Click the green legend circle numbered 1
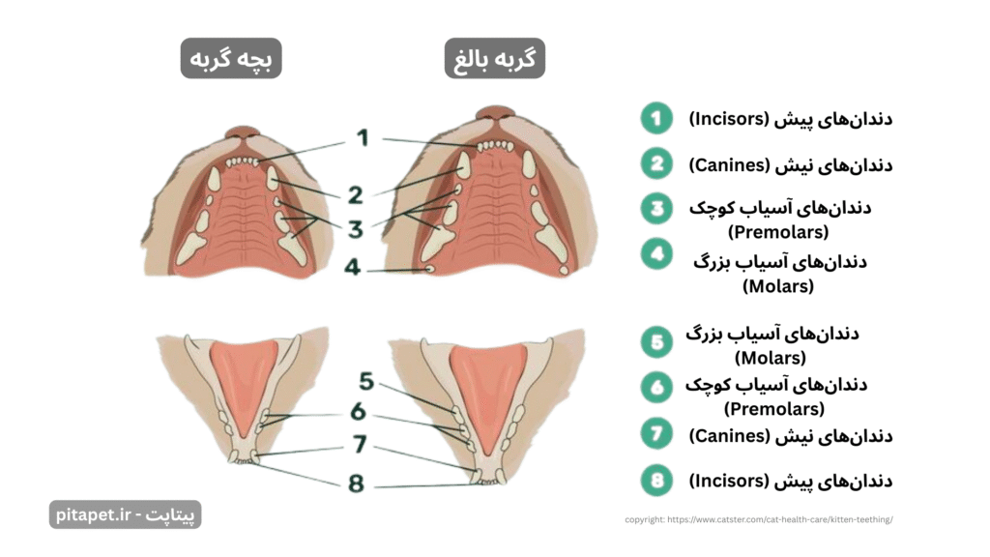pos(656,118)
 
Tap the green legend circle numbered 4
pos(656,254)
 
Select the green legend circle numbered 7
pos(656,434)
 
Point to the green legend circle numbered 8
pos(656,481)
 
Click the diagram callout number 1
pos(363,137)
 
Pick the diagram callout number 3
pos(356,229)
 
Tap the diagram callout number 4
pos(352,267)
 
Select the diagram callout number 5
pos(366,381)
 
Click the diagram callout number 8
pos(356,484)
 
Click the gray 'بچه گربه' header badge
pos(231,58)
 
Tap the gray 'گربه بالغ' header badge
pos(494,58)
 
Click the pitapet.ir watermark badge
pos(125,514)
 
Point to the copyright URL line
pos(758,519)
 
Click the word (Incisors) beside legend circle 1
pos(729,119)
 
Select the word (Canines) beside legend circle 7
pos(729,436)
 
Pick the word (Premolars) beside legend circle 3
pos(778,232)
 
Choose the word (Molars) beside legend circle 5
pos(771,358)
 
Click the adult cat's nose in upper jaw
pos(497,114)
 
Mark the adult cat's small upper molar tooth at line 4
pos(430,269)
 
